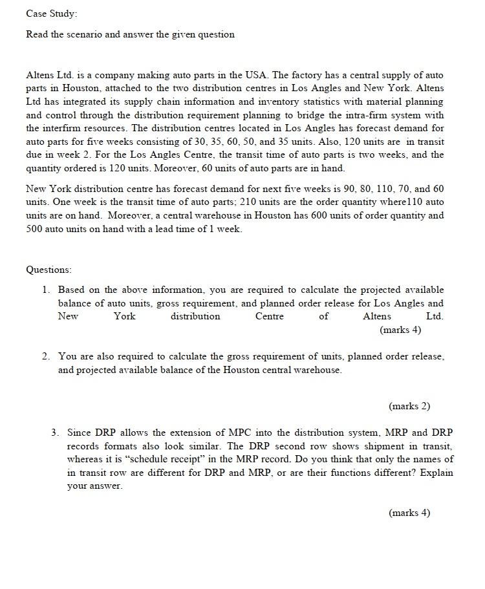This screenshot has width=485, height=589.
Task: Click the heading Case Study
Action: point(51,14)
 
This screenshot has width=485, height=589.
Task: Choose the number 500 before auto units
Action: point(34,229)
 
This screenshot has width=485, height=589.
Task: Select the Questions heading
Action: point(49,269)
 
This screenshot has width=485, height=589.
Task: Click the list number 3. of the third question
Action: point(56,432)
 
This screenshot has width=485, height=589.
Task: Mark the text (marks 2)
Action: point(409,406)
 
